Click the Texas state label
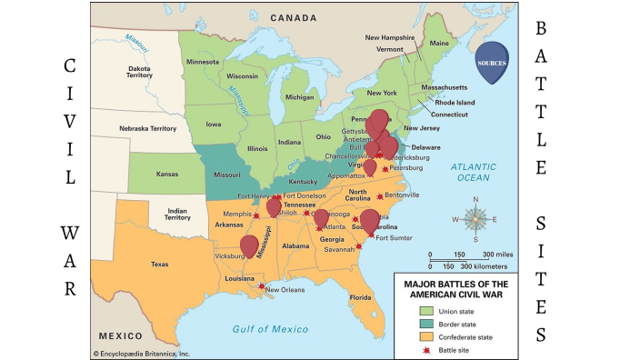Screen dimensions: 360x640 159,265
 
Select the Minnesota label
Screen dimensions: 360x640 202,62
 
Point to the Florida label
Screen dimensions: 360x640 361,297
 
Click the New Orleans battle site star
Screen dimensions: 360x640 262,286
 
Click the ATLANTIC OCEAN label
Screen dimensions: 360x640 476,172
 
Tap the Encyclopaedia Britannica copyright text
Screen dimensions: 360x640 141,353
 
